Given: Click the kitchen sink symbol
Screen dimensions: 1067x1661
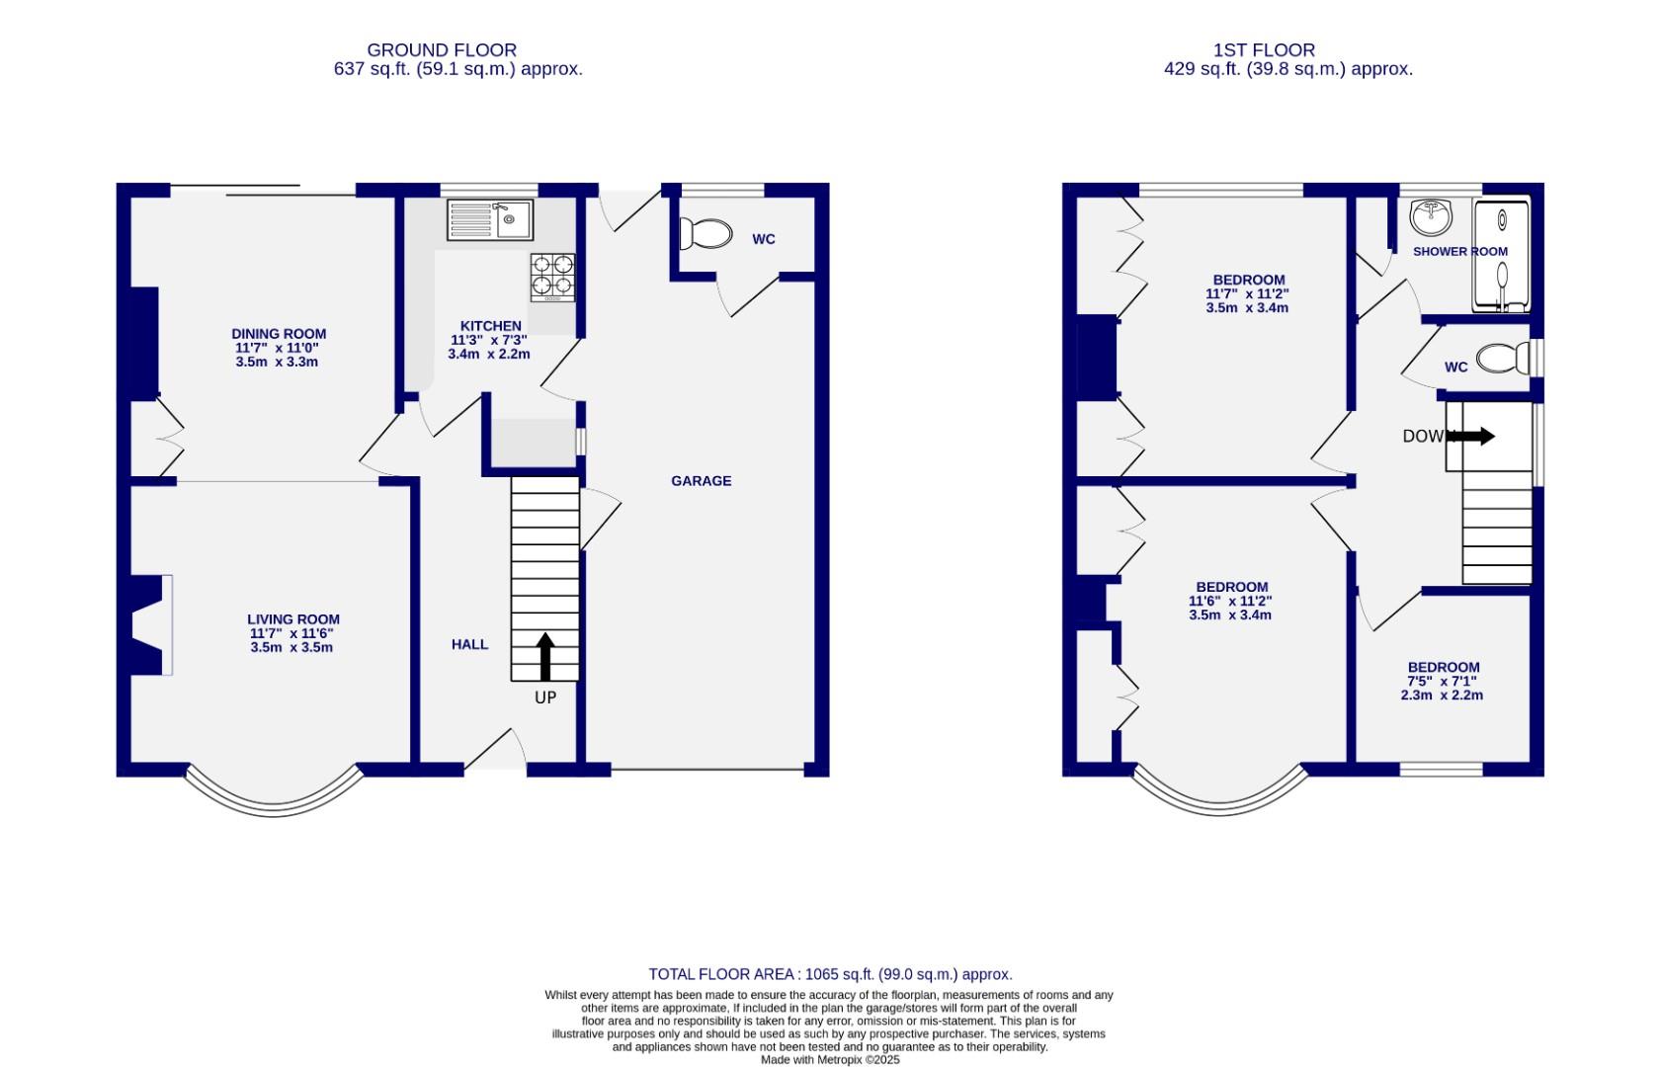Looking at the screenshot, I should [x=489, y=219].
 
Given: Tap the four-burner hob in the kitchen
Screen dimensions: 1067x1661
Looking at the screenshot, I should [x=552, y=277].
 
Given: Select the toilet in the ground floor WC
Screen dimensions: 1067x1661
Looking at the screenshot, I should [x=706, y=234].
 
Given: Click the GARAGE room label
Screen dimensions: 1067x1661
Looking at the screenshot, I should [x=701, y=481].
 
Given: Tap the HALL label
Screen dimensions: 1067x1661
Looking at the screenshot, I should [x=469, y=644].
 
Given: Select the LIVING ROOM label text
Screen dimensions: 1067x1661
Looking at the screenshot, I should [x=292, y=619].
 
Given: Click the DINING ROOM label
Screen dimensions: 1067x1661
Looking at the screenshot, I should [x=278, y=334].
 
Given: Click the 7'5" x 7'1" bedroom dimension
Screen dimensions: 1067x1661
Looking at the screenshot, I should [x=1443, y=681].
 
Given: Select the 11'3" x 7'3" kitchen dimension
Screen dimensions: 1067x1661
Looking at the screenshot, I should [x=489, y=340].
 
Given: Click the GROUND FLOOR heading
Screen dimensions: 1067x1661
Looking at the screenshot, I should [x=441, y=49].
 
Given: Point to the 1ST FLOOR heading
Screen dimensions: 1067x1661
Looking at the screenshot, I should [x=1264, y=49].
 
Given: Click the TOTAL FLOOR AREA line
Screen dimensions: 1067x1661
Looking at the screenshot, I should [x=830, y=974].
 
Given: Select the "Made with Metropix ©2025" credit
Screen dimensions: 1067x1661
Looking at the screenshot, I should [x=830, y=1059].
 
